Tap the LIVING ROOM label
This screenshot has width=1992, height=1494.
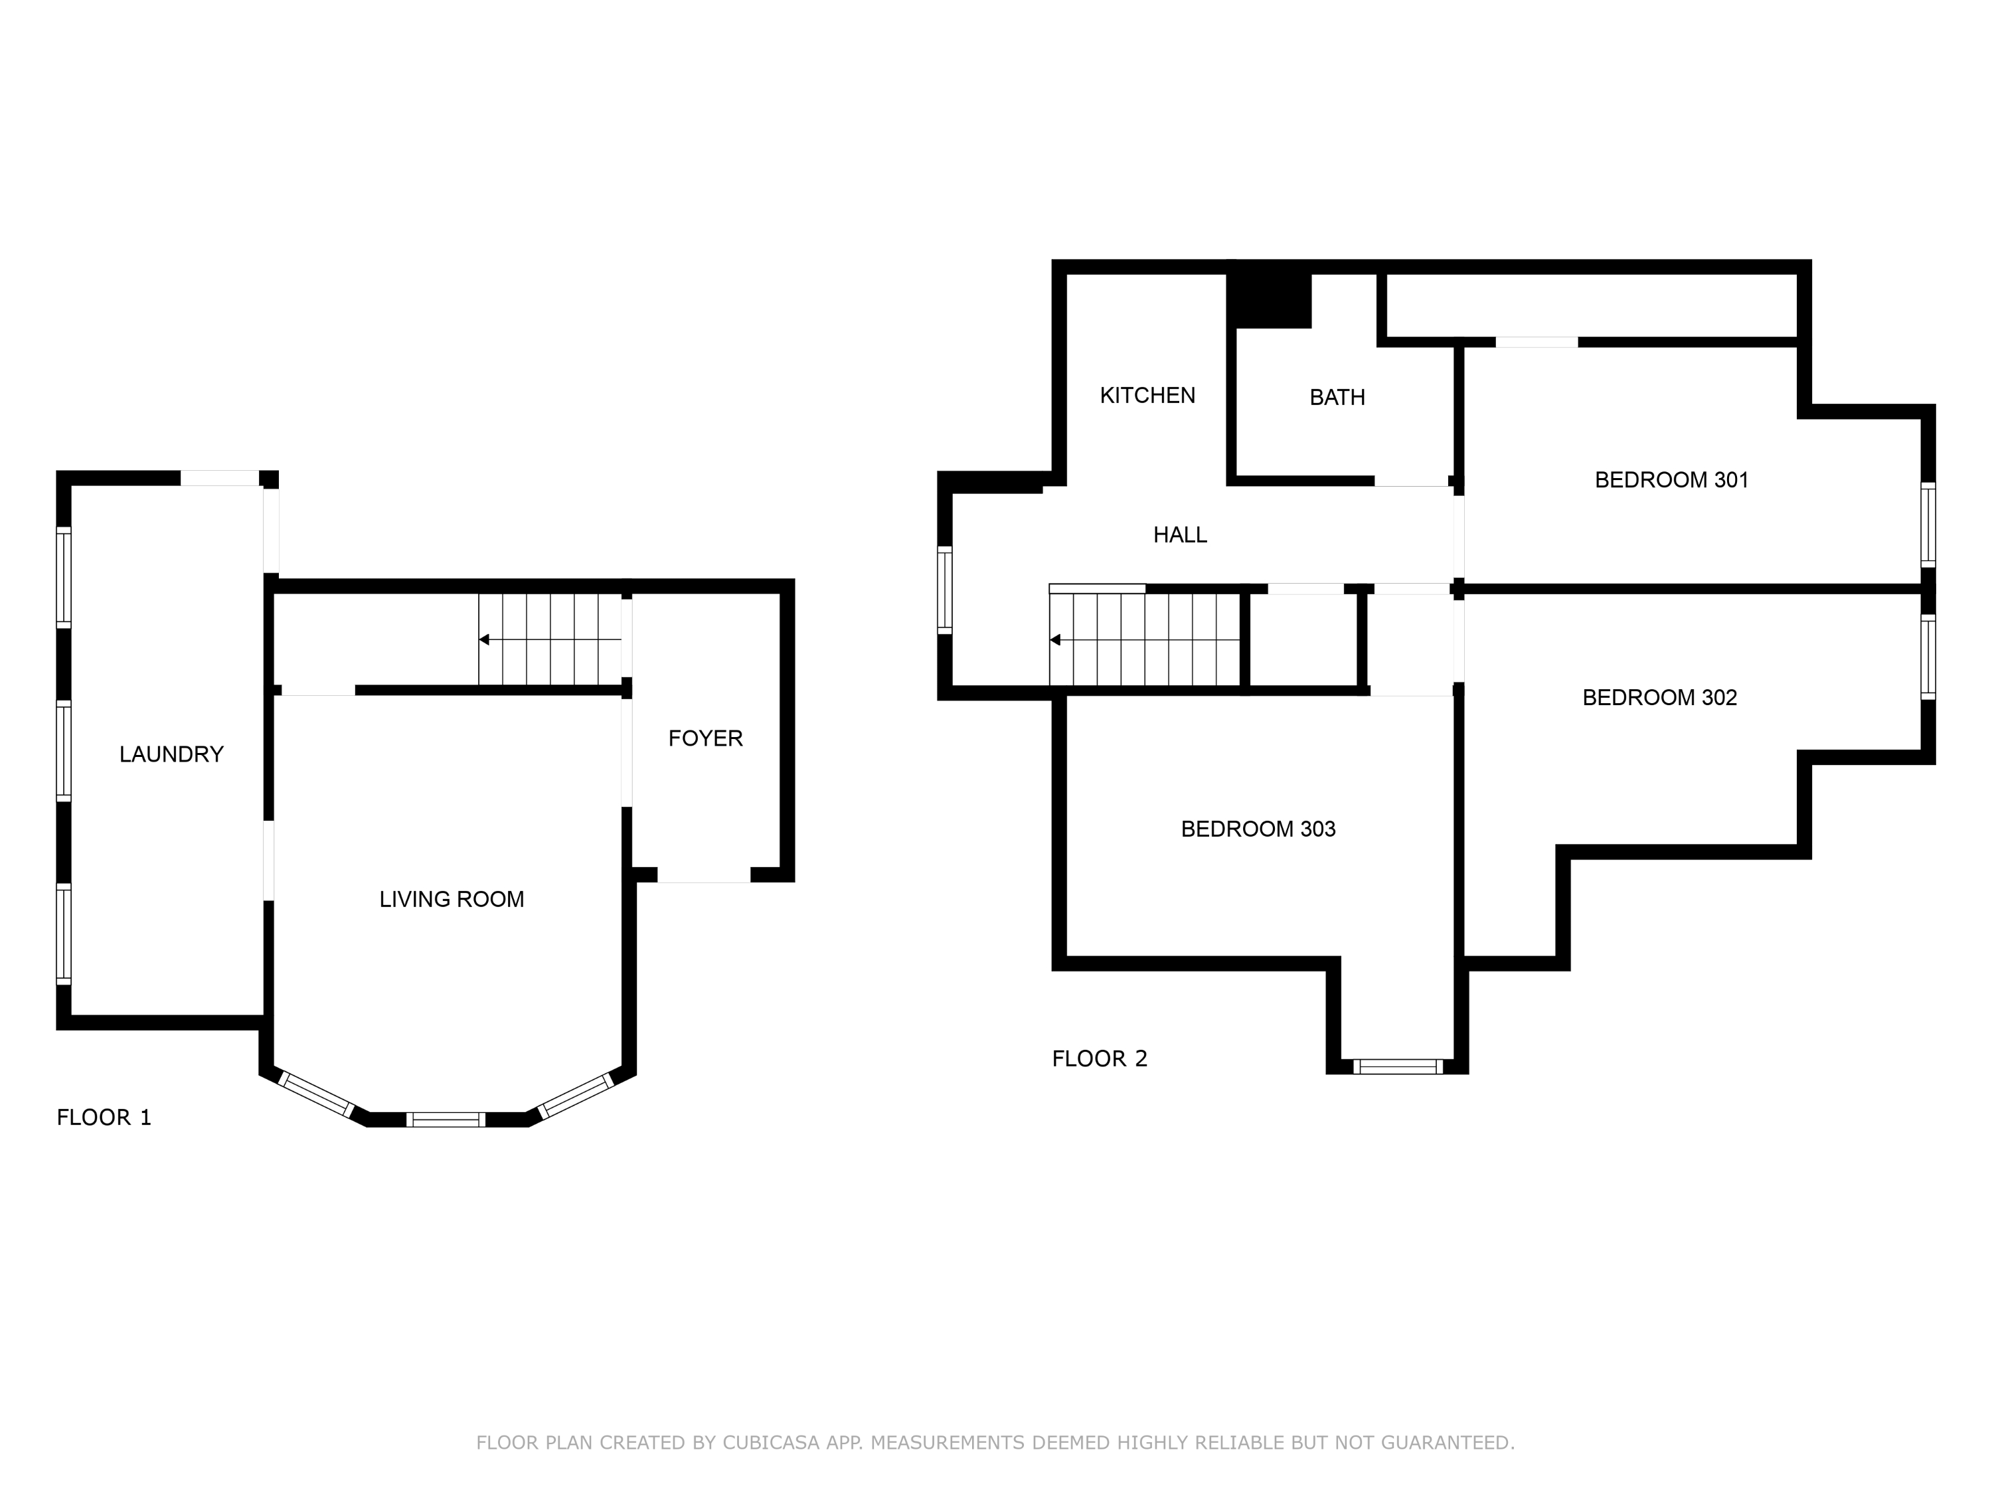coord(451,900)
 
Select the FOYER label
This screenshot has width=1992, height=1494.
coord(705,738)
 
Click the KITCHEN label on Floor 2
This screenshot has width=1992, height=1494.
coord(1147,395)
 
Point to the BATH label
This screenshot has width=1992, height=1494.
coord(1337,397)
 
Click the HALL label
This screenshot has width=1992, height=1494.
coord(1180,535)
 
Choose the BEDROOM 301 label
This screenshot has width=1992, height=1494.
coord(1671,480)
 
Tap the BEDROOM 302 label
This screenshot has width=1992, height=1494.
coord(1659,698)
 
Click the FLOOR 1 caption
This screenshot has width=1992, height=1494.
coord(104,1118)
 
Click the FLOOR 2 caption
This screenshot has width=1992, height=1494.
coord(1099,1059)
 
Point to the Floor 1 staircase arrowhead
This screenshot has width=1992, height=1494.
coord(483,639)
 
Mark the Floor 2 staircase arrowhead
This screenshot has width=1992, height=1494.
coord(1054,640)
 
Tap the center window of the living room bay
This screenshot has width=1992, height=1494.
coord(446,1120)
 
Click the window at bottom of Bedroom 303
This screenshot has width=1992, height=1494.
coord(1397,1067)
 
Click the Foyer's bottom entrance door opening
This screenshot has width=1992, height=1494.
coord(703,875)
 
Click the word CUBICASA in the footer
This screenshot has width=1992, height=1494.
coord(770,1443)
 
